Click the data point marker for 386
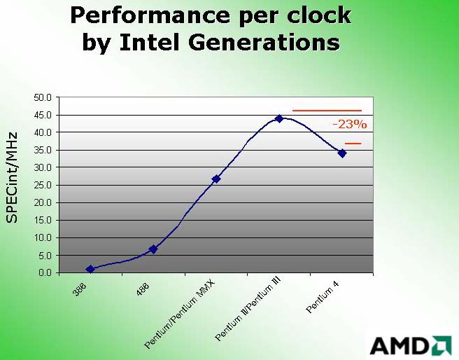coord(90,269)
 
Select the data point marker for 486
coord(153,249)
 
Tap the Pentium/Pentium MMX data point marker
coord(216,179)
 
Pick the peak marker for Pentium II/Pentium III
coord(279,118)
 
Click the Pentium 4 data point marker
coord(342,153)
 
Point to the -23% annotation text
coord(350,125)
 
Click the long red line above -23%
coord(327,111)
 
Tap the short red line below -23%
coord(353,144)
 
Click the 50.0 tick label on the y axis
coord(43,97)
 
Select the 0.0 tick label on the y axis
coord(45,272)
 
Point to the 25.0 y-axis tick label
coord(43,185)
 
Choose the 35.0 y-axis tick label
coord(43,150)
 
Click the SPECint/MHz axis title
coord(12,177)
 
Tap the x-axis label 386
coord(80,289)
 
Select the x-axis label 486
coord(143,289)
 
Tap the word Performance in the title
coord(150,16)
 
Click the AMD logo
coord(411,346)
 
